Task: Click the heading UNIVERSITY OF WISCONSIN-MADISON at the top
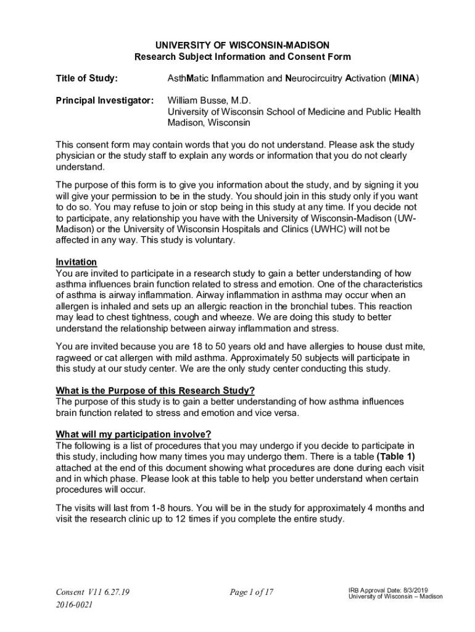tap(242, 45)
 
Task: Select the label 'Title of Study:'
tap(87, 78)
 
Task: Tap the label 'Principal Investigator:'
tap(104, 100)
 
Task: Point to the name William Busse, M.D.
tap(210, 100)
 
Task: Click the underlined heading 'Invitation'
tap(76, 262)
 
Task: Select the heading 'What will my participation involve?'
tap(133, 433)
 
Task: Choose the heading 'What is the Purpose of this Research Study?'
tap(155, 390)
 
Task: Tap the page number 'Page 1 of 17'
tap(251, 592)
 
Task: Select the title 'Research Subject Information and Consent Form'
tap(242, 57)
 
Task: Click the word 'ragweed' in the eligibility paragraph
tap(73, 357)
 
